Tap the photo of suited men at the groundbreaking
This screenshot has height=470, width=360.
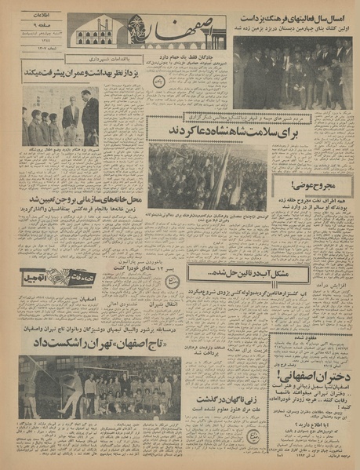coord(292,75)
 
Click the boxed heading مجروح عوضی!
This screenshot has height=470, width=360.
coord(312,186)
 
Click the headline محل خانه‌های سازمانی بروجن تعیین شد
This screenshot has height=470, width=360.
coord(82,219)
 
